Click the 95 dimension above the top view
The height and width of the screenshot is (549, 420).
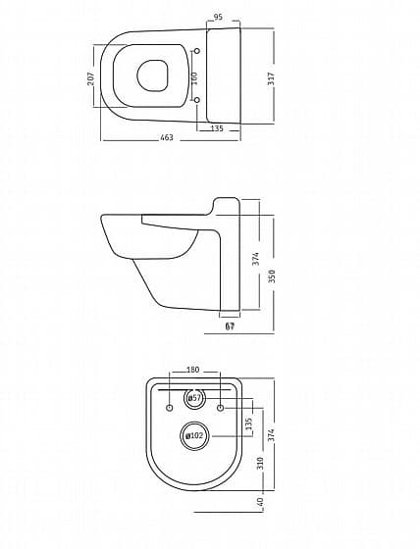point(218,17)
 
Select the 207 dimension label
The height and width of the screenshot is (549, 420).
point(91,78)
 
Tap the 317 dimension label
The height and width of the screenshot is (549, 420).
point(271,79)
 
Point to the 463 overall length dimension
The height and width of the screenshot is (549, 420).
point(167,137)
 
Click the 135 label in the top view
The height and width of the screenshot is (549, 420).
point(217,128)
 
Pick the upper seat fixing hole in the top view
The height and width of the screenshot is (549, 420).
point(197,51)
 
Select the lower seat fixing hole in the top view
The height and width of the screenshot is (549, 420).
point(197,100)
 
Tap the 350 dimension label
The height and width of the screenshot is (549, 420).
point(272,275)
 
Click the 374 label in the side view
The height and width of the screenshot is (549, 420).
point(256,259)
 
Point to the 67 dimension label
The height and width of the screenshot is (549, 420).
point(230,326)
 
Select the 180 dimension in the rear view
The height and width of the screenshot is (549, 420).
point(192,370)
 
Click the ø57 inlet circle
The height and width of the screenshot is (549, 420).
point(194,398)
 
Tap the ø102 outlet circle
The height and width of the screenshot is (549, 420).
point(194,436)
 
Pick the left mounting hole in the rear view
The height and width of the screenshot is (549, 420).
point(170,408)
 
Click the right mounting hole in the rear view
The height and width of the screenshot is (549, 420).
point(220,408)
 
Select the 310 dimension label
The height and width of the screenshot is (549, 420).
point(260,463)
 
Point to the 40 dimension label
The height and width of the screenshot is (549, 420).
point(260,502)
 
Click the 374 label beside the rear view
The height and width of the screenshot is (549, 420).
point(272,435)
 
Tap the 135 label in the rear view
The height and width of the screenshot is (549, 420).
point(249,424)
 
